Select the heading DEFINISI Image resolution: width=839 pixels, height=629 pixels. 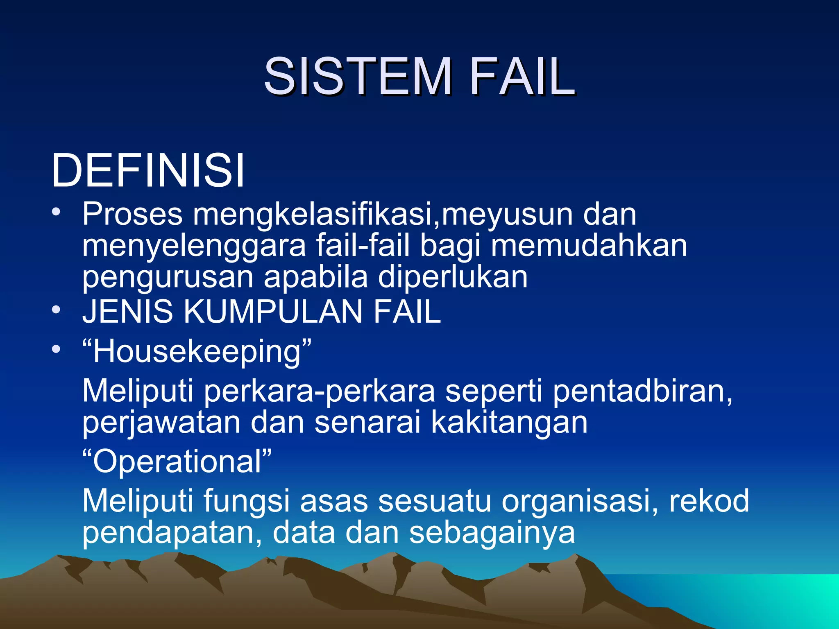pyautogui.click(x=147, y=170)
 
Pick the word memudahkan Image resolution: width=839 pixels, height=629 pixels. pyautogui.click(x=589, y=246)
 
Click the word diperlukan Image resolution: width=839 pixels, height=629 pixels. pyautogui.click(x=453, y=277)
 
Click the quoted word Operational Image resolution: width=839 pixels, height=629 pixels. pyautogui.click(x=177, y=462)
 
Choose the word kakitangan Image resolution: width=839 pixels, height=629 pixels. pyautogui.click(x=509, y=422)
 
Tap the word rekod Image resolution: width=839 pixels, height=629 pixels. pyautogui.click(x=709, y=500)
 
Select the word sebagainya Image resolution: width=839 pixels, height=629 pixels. pyautogui.click(x=492, y=533)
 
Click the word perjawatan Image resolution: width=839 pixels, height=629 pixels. pyautogui.click(x=161, y=423)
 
